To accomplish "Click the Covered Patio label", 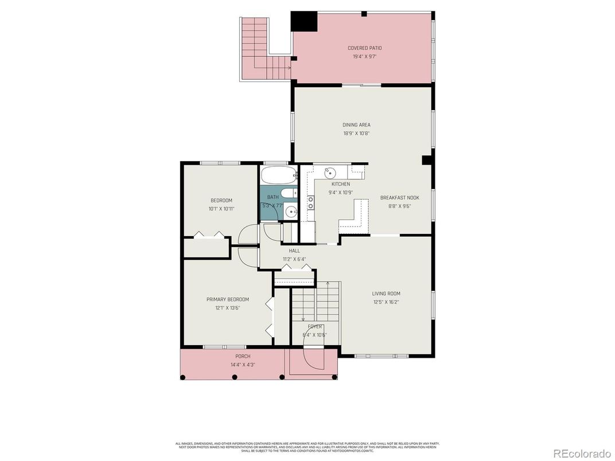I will pos(364,48).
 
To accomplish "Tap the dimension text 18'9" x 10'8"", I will pos(356,134).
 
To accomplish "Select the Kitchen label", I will pos(340,184).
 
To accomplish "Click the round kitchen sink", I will pos(330,171).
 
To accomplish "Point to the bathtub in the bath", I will pos(278,174).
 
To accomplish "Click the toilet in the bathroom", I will pos(288,193).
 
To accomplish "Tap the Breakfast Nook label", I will pos(395,198).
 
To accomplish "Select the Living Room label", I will pos(386,294).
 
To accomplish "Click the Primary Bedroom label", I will pos(228,299).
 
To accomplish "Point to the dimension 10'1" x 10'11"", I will pos(221,209).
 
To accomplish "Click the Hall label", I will pos(294,251).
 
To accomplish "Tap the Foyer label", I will pos(314,326).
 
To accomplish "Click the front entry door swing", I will pos(314,360).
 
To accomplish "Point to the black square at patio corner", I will pos(304,21).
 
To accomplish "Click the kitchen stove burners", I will pos(311,202).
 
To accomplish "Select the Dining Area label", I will pos(356,125).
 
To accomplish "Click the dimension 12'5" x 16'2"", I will pos(386,302).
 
